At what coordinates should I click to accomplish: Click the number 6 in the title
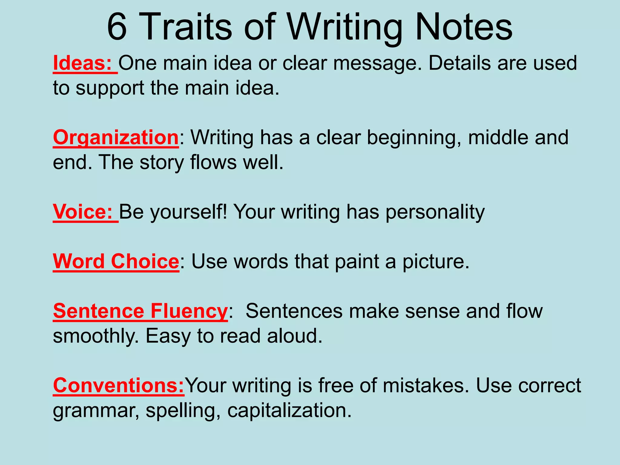[117, 27]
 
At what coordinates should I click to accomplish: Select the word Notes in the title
[464, 27]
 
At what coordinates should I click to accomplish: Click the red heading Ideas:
[82, 63]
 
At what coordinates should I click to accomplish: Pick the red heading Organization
[116, 138]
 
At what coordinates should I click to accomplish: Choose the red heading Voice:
[83, 212]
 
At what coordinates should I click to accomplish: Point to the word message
[377, 63]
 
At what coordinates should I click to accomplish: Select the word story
[162, 163]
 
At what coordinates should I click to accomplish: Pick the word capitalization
[289, 411]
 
